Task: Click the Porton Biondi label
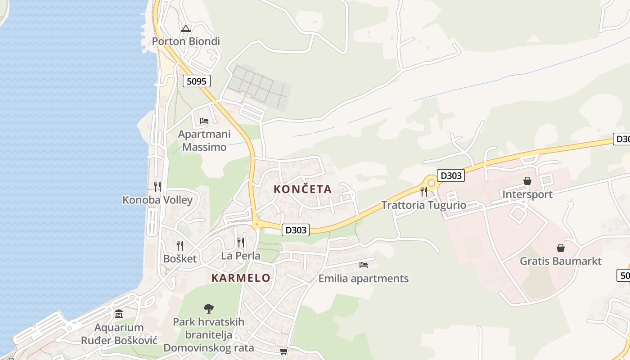click(186, 41)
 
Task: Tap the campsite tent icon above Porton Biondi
click(185, 29)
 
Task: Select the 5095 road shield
click(197, 81)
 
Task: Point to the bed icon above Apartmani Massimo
click(204, 121)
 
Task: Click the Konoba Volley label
click(157, 200)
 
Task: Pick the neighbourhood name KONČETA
click(302, 189)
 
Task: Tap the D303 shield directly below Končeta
click(296, 230)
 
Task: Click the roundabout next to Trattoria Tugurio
click(432, 183)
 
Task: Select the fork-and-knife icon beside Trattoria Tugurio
click(423, 192)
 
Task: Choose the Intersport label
click(527, 194)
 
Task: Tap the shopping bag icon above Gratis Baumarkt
click(561, 248)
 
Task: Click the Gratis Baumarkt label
click(561, 261)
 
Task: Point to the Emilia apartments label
click(363, 279)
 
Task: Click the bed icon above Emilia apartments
click(364, 265)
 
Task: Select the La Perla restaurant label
click(241, 256)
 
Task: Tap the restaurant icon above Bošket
click(180, 245)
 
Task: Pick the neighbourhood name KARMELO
click(241, 278)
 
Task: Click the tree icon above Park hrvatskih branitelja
click(208, 309)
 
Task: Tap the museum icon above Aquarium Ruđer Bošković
click(119, 314)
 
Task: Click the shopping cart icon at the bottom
click(283, 351)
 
